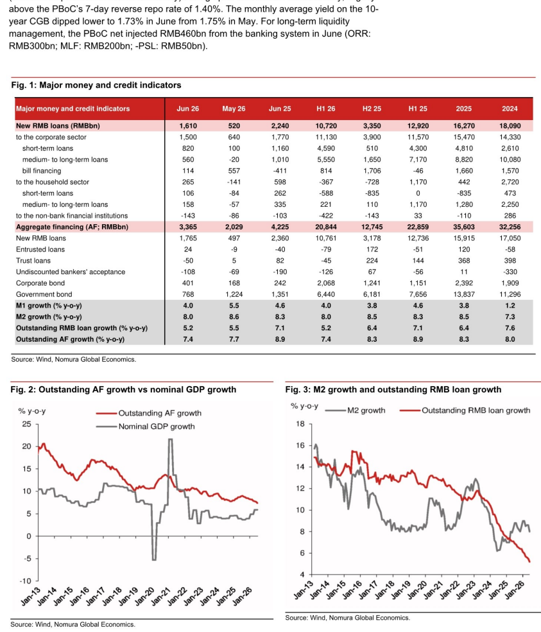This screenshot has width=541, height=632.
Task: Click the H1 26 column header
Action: pos(326,109)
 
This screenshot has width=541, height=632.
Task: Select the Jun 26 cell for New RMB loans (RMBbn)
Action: pos(188,126)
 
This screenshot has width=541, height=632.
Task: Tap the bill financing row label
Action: pos(42,171)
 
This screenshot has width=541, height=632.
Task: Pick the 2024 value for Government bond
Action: pos(510,294)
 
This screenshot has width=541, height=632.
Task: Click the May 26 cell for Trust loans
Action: pos(234,261)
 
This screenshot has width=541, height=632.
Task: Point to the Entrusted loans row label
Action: pos(40,249)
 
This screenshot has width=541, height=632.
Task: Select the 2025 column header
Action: pos(463,109)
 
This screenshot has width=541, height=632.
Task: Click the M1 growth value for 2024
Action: pos(510,306)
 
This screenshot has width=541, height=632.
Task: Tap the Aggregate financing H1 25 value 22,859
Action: pos(418,227)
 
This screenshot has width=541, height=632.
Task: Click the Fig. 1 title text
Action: pos(96,85)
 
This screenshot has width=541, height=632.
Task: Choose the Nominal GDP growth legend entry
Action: pos(146,426)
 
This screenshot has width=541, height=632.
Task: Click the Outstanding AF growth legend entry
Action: pos(149,413)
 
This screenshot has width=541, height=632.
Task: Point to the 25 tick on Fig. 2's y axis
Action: pos(26,424)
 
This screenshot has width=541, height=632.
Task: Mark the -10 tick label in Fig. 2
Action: pos(25,581)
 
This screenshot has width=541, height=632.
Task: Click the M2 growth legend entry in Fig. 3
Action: pos(355,410)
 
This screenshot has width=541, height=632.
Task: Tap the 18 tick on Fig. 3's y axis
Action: pos(300,424)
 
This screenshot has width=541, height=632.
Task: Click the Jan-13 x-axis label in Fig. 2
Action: pos(31,597)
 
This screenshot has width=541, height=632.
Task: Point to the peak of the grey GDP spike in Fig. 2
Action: pos(171,439)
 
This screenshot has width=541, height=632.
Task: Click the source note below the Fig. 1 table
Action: pos(74,359)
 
